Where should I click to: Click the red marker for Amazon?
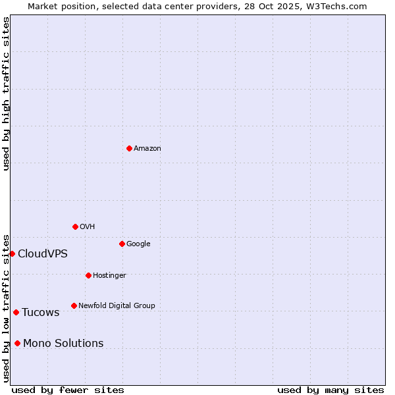pos(129,148)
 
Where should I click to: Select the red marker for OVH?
pos(75,226)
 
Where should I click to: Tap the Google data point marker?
pos(122,244)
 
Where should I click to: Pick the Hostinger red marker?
pos(88,275)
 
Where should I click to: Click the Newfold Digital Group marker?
pos(74,305)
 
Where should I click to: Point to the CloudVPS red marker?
pos(12,253)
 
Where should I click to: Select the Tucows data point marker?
pos(16,312)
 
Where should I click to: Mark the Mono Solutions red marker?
pos(17,343)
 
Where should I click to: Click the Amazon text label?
pos(147,149)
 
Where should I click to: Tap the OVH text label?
pos(88,227)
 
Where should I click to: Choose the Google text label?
pos(138,244)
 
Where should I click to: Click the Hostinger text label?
pos(109,275)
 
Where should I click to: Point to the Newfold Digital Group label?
pos(117,305)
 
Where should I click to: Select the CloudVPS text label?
pos(43,254)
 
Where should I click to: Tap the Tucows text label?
pos(41,313)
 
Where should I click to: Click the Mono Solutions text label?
pos(63,344)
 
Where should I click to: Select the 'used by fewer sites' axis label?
pos(68,390)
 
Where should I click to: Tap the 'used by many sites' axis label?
pos(330,390)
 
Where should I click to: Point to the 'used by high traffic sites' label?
pos(6,93)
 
